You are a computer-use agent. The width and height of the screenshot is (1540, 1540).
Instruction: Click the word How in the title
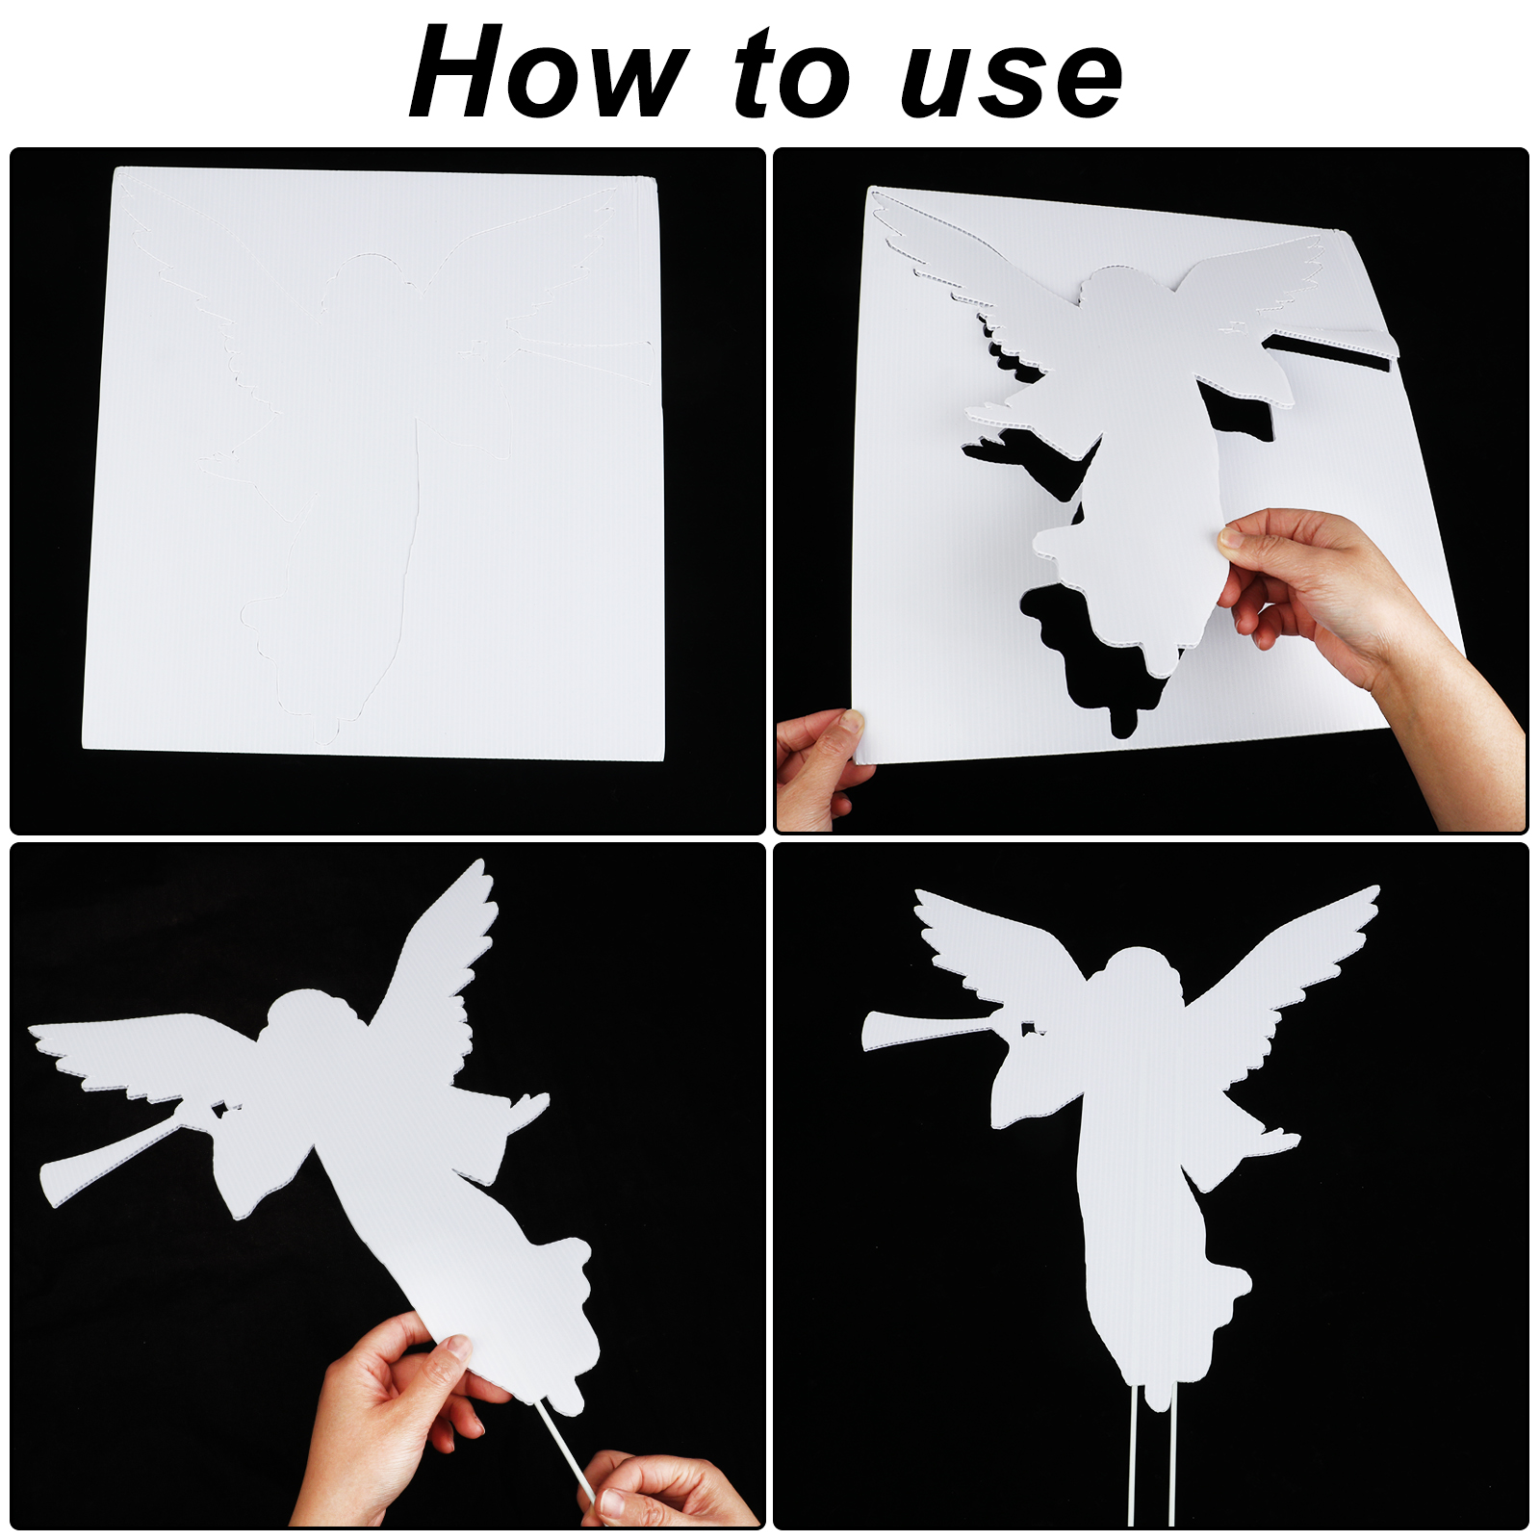coord(549,72)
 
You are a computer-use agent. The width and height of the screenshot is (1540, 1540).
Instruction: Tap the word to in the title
coord(792,74)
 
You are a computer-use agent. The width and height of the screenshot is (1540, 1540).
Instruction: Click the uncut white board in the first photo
coord(375,462)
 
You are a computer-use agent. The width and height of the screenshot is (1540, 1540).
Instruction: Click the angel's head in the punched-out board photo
coord(1126,298)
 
